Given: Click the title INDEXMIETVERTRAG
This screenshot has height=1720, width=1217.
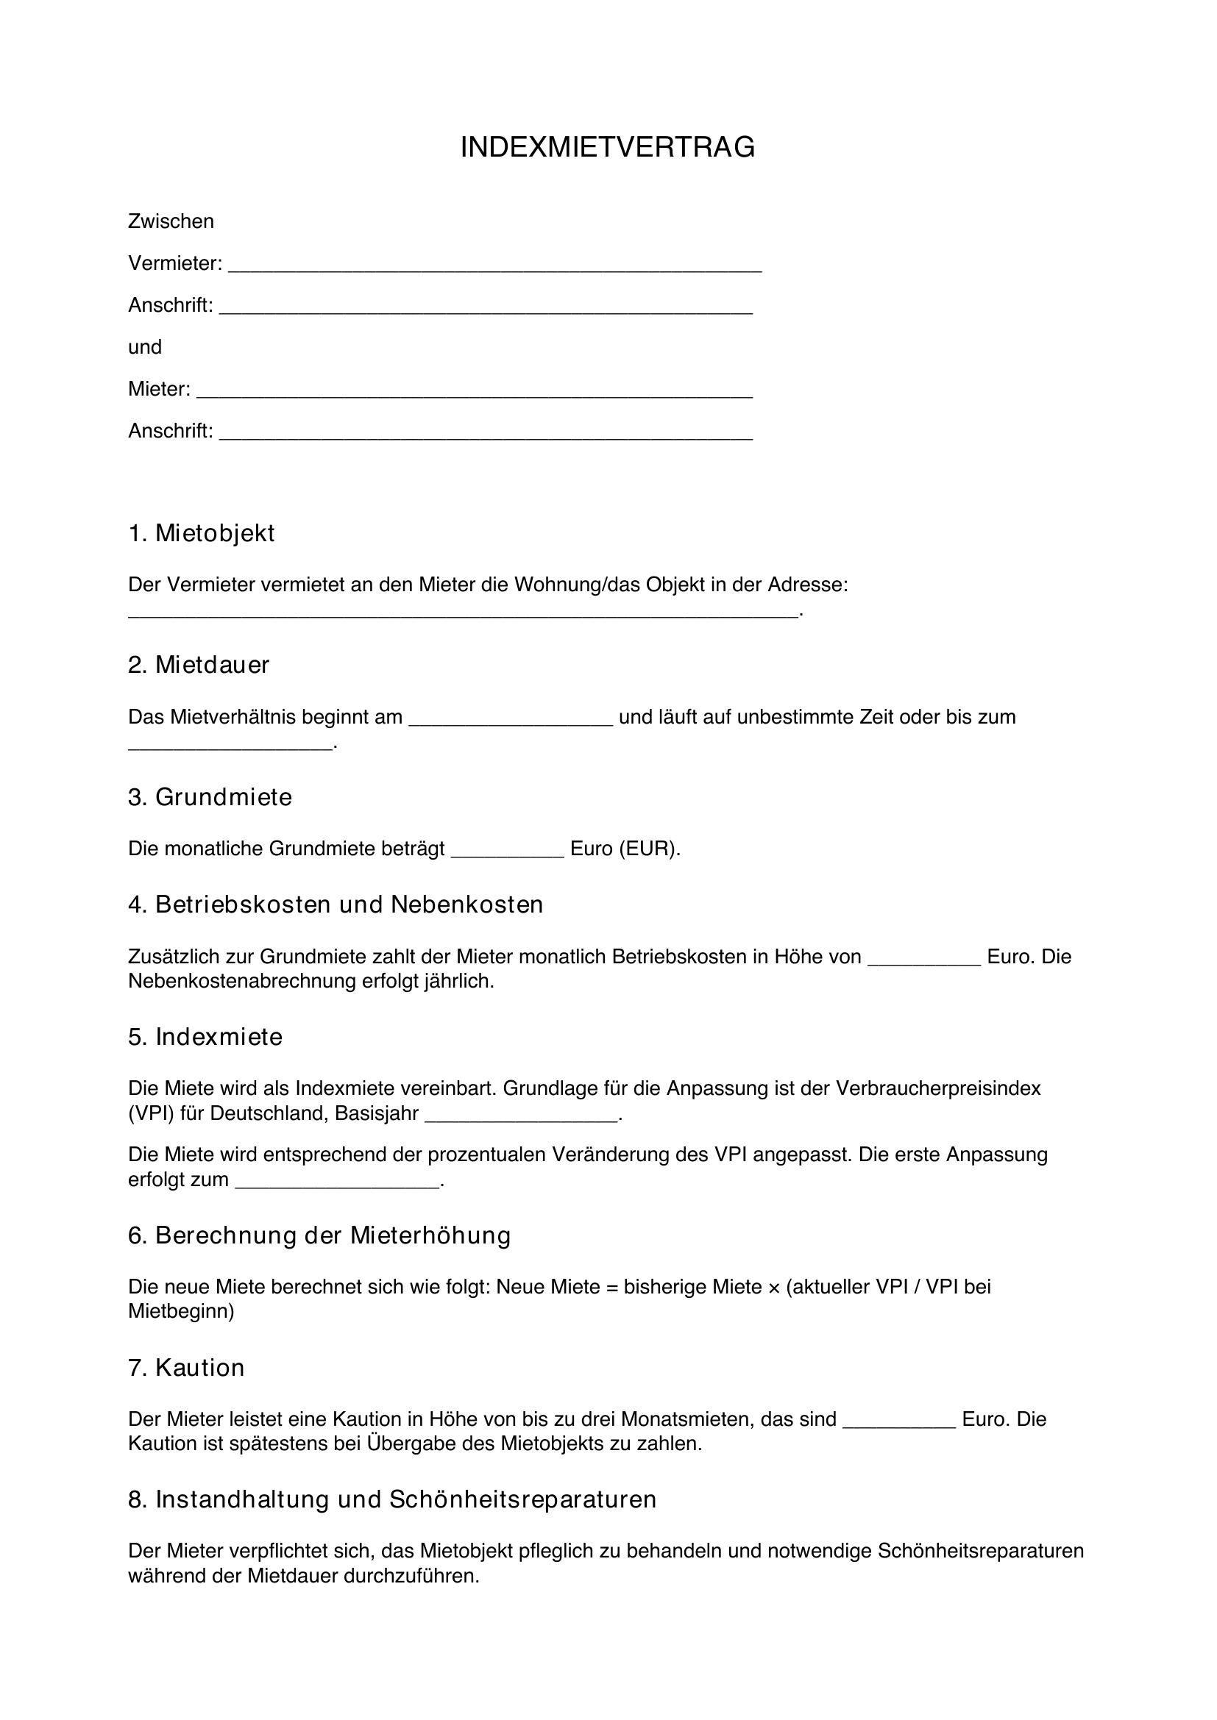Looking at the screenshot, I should click(608, 148).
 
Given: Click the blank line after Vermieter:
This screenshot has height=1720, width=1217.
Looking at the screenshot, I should click(494, 267).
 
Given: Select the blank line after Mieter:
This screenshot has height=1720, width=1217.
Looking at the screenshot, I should click(475, 393).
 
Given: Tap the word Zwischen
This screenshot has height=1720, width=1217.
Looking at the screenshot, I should click(171, 221).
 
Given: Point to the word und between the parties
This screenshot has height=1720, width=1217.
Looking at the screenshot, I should click(145, 347).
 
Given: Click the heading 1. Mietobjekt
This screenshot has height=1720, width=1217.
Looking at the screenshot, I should click(202, 533).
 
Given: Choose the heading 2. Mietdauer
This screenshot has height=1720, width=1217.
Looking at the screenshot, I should click(199, 665).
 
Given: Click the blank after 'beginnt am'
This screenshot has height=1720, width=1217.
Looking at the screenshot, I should click(511, 721).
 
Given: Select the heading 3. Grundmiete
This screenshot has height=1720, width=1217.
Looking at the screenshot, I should click(210, 797).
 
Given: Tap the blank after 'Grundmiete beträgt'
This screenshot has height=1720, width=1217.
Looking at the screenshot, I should click(508, 852).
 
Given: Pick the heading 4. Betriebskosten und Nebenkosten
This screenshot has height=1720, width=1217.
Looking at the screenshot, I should click(335, 905).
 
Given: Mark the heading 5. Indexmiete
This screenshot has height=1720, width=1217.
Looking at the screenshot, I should click(205, 1038).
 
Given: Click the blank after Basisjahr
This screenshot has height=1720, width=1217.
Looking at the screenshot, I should click(522, 1117).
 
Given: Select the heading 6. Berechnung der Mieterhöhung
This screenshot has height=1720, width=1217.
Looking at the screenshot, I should click(319, 1235).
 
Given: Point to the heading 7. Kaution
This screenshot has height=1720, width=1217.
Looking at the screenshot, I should click(187, 1368).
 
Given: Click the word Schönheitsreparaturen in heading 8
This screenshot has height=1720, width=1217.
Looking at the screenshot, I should click(522, 1499).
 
